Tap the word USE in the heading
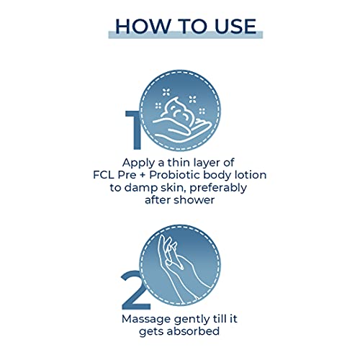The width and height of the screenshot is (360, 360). (x=235, y=26)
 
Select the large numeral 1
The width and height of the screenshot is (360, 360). (x=133, y=130)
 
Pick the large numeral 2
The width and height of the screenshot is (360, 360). (x=135, y=289)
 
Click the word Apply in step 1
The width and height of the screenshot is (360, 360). (x=139, y=163)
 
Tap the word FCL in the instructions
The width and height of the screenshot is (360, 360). (x=104, y=175)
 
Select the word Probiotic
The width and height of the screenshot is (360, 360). (x=174, y=175)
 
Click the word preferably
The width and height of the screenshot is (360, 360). (x=218, y=188)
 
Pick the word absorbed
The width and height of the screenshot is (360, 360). (x=193, y=331)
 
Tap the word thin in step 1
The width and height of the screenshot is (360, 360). (x=178, y=163)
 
